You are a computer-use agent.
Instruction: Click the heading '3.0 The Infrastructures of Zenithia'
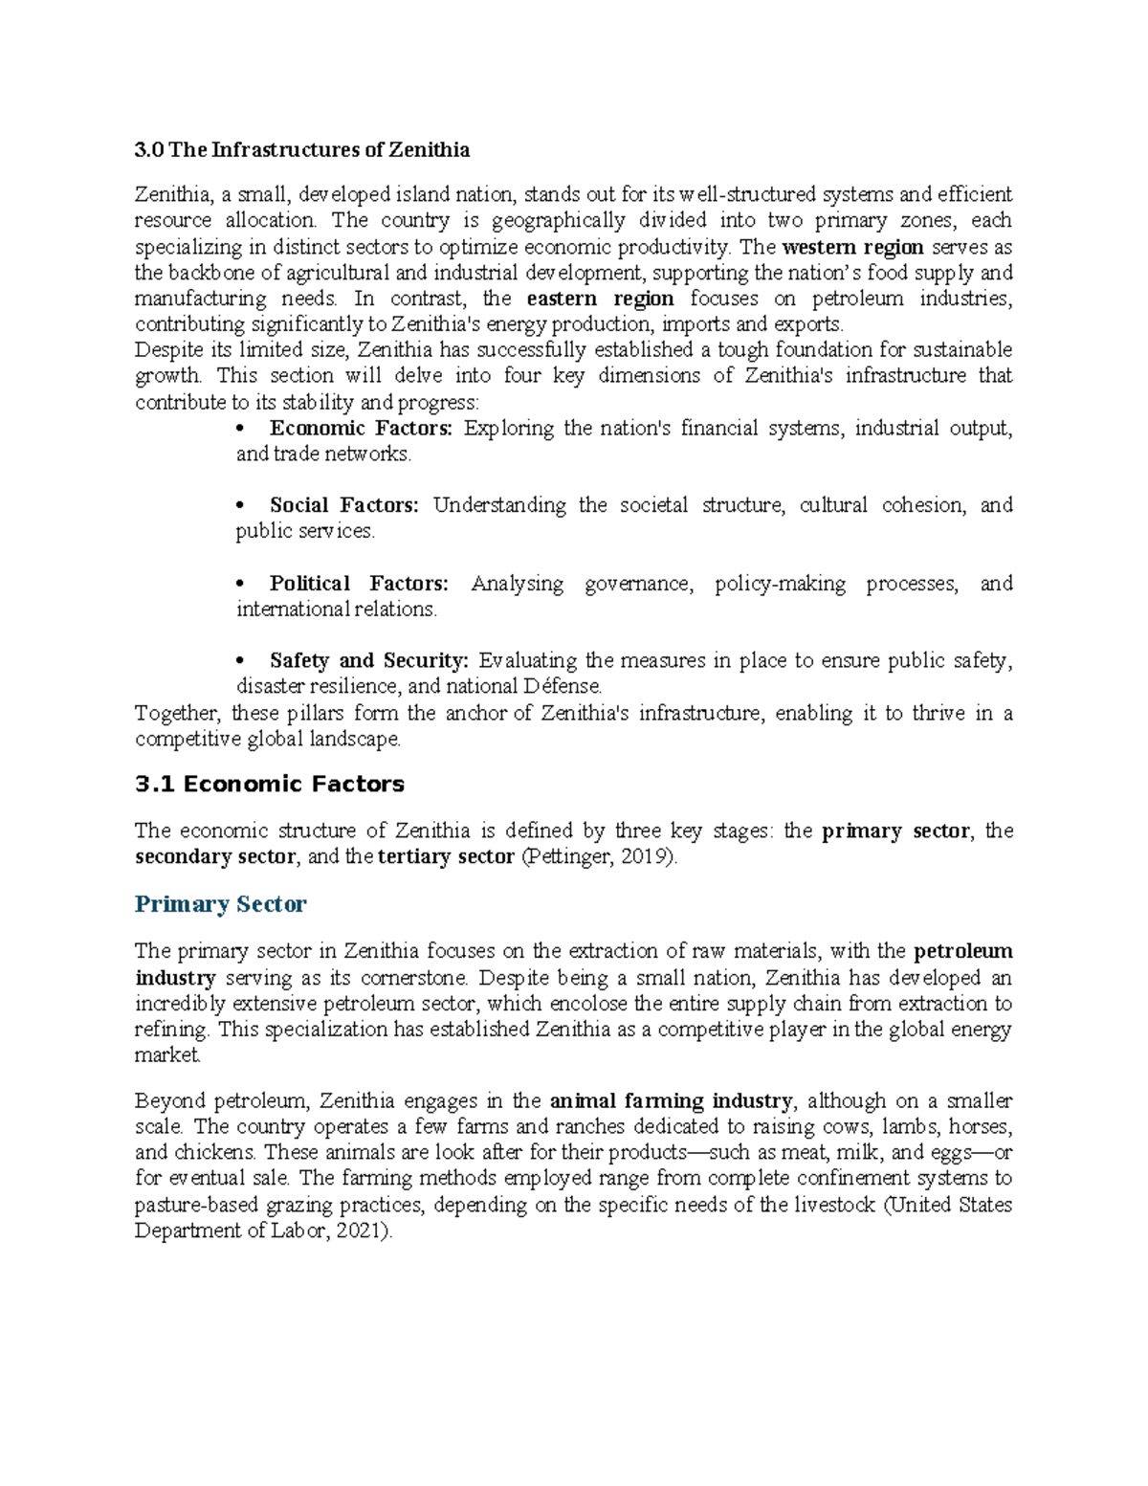(x=302, y=150)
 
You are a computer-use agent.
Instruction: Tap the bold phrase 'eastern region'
(x=600, y=299)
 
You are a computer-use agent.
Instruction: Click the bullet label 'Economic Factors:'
(x=361, y=429)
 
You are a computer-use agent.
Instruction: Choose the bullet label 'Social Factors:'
(x=343, y=505)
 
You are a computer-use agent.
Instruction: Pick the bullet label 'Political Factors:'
(x=359, y=584)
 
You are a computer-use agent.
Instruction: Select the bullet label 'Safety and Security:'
(x=369, y=661)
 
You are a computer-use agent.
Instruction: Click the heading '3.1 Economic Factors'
(x=270, y=785)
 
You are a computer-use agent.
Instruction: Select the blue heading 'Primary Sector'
(x=221, y=904)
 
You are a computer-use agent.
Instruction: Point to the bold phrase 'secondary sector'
(x=215, y=857)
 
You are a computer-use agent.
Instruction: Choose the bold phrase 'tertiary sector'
(x=446, y=857)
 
